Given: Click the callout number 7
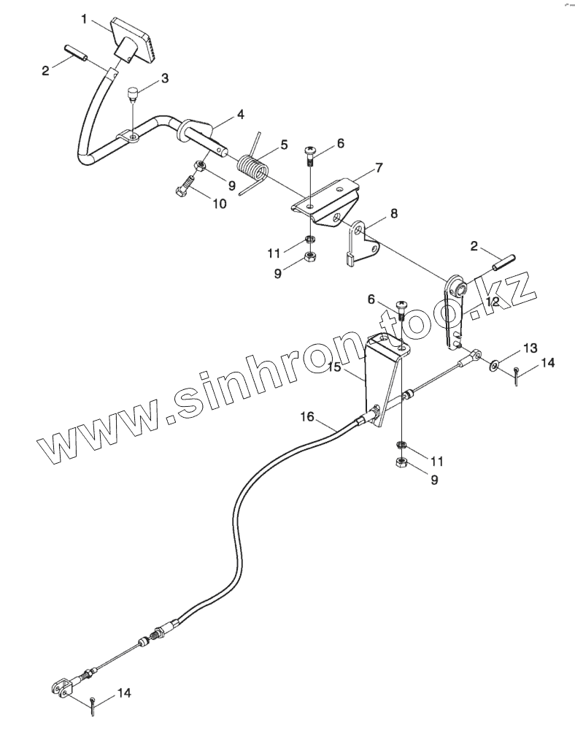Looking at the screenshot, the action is pos(379,168).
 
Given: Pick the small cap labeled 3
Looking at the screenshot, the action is pos(133,93).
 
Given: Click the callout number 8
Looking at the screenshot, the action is pos(394,214).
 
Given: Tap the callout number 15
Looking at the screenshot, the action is pos(333,367).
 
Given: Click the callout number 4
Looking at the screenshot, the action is pos(240,115).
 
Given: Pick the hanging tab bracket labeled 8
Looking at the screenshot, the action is pos(363,242).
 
